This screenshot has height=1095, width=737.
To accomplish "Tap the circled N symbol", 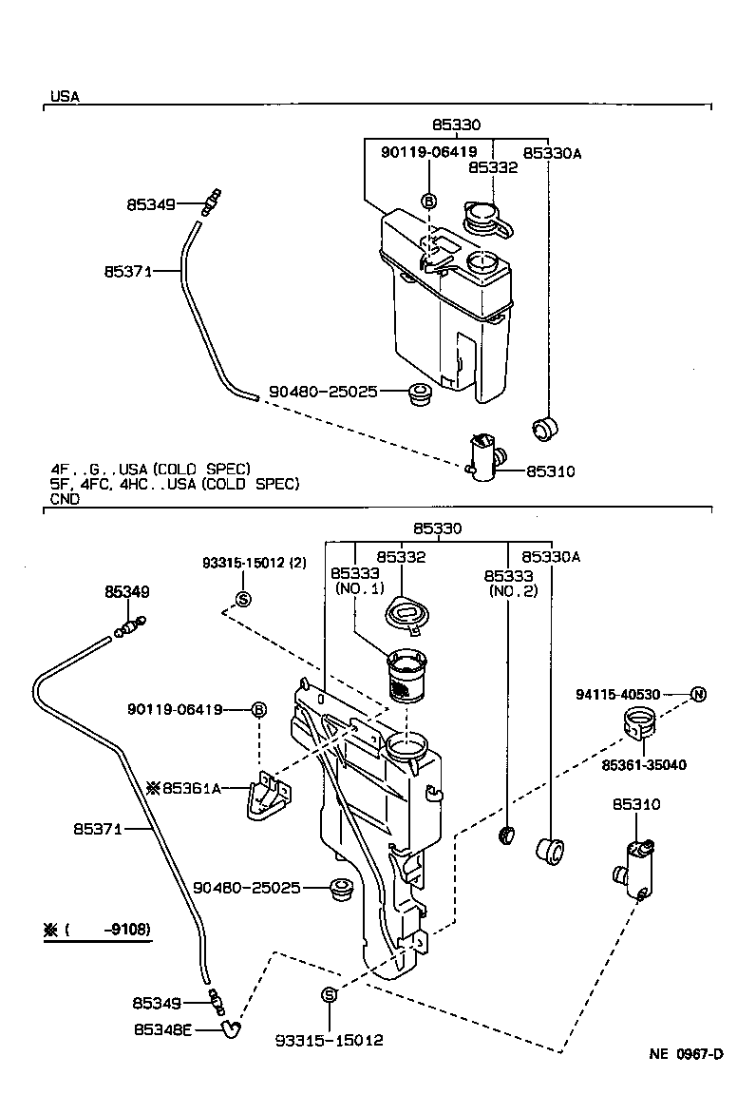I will coord(698,694).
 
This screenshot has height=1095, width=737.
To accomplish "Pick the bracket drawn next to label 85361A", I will coord(268,794).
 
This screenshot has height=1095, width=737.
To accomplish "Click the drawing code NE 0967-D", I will coord(686,1054).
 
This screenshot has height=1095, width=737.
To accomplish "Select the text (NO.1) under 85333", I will coord(358,589).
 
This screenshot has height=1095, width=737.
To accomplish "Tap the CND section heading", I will coord(65,497).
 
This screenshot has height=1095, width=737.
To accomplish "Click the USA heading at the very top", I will coord(65,96).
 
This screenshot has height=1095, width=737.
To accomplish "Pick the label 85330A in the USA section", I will coord(551,152).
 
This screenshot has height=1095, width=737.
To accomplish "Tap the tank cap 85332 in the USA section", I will coord(485,219).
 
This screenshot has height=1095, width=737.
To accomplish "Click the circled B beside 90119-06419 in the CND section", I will coord(258,709).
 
